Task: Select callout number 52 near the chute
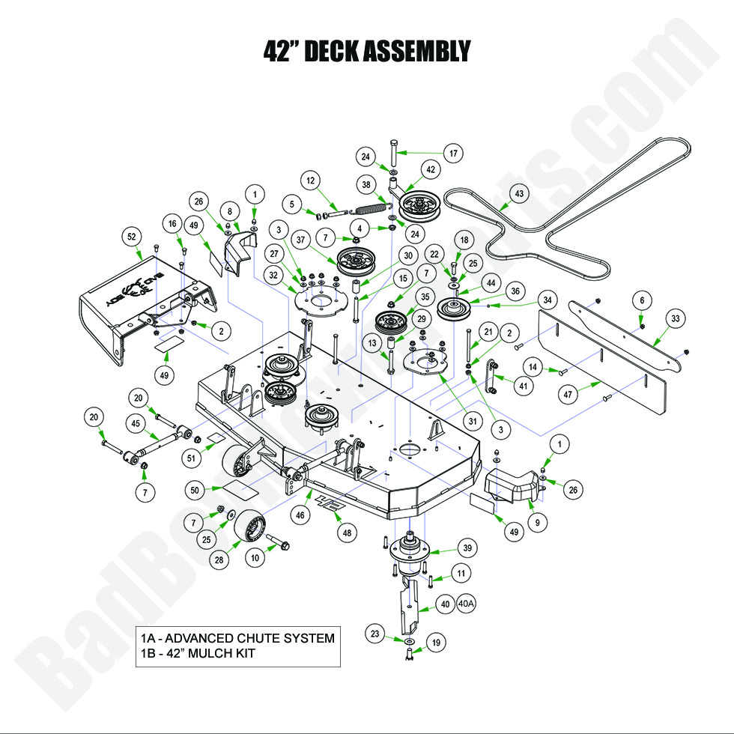tap(133, 237)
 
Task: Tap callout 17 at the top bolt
tap(452, 154)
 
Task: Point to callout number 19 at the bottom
tap(435, 642)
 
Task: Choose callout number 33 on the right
tap(676, 319)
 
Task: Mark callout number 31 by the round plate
tap(473, 421)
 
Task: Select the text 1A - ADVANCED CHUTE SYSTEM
tap(237, 638)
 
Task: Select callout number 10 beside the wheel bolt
tap(256, 557)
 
